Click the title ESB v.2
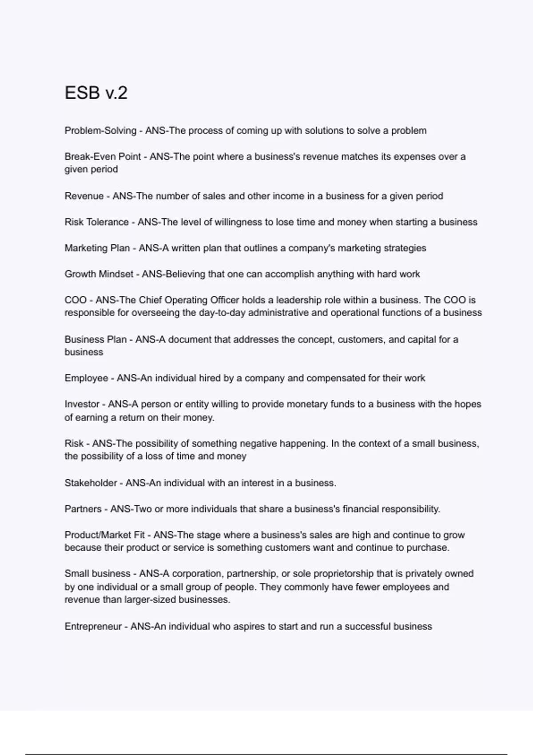(x=96, y=93)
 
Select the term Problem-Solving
(x=100, y=131)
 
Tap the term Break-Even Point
(x=103, y=156)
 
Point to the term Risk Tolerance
(x=96, y=222)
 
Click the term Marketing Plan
(x=97, y=248)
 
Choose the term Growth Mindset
(x=99, y=274)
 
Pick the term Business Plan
(x=95, y=339)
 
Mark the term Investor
(x=82, y=404)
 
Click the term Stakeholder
(x=91, y=483)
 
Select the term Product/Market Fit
(x=105, y=535)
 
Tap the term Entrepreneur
(x=93, y=626)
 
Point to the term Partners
(x=83, y=509)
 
